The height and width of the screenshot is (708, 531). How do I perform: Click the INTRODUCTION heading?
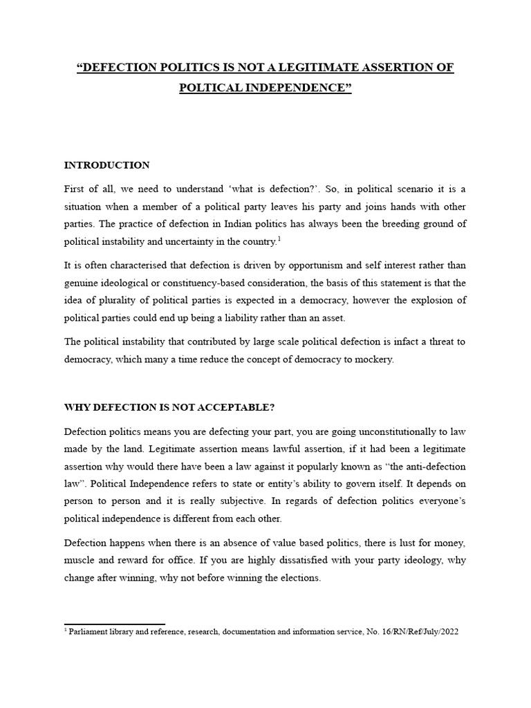[106, 165]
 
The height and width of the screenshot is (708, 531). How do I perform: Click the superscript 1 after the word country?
[278, 239]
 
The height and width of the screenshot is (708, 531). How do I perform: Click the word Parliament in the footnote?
[89, 632]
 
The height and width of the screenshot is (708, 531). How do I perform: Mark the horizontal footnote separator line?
[114, 624]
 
